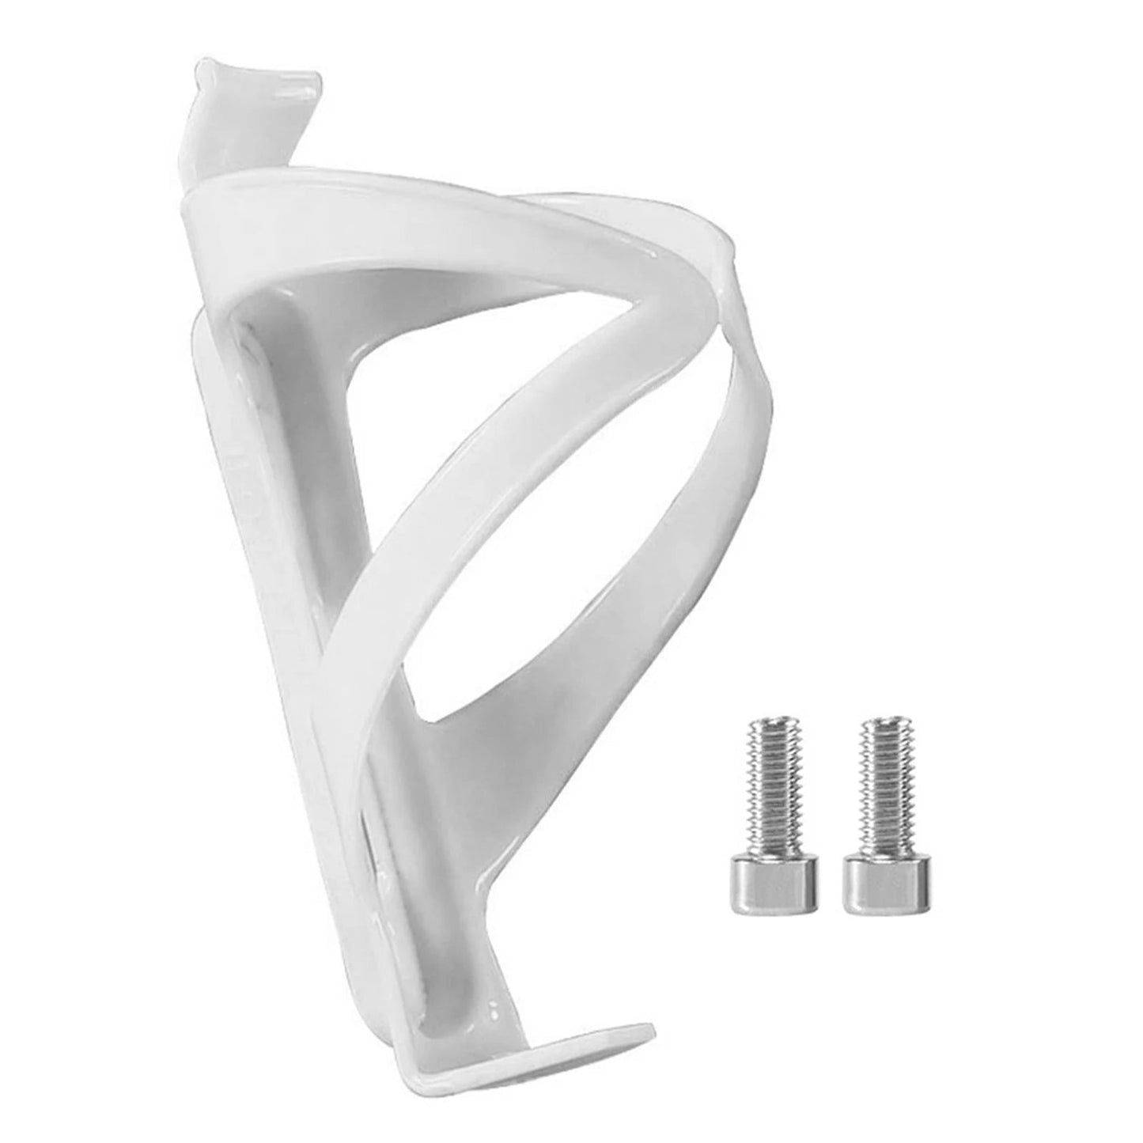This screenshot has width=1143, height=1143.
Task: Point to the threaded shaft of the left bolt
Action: point(762,799)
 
